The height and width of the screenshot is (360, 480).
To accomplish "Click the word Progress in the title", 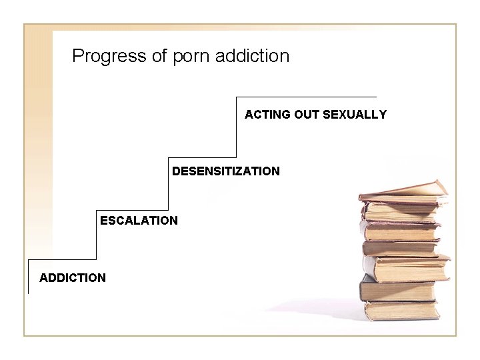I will [109, 56].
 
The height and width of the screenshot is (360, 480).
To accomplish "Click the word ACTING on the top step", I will [264, 115].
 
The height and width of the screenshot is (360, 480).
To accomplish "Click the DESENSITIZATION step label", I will [226, 171].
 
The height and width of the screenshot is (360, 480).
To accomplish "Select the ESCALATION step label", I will [139, 220].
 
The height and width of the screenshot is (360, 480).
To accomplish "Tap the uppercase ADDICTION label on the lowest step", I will [73, 277].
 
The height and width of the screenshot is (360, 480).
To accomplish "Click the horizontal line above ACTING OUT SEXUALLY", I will [307, 97].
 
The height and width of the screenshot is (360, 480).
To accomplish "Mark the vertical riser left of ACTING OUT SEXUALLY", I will [236, 127].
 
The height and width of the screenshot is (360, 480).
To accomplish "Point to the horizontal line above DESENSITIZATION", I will [202, 157].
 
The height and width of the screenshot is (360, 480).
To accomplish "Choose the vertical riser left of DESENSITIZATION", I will [168, 183].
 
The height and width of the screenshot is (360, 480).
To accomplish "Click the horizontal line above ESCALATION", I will [132, 208].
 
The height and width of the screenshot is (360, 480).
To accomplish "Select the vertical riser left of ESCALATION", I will [97, 233].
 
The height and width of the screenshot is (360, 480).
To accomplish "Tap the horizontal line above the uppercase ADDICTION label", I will [62, 259].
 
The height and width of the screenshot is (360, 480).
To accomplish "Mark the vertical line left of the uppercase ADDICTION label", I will [28, 277].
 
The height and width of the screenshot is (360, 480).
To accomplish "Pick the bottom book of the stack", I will [401, 311].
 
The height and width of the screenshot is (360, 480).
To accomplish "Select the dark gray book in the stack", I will [397, 290].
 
